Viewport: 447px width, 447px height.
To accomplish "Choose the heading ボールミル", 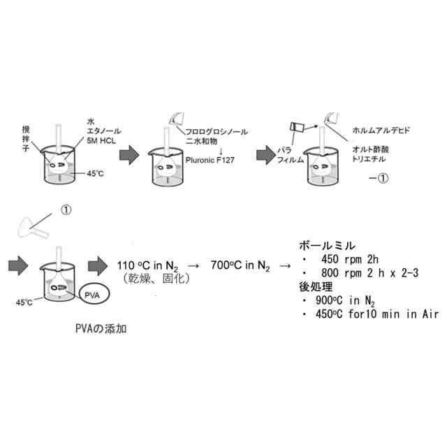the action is click(326, 247).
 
